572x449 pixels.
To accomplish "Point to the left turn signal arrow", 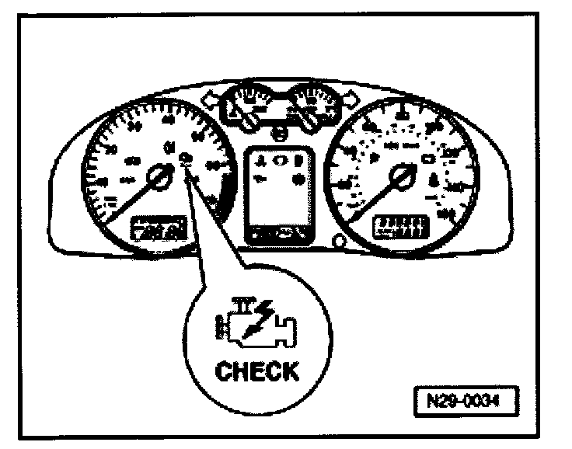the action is [x=208, y=99].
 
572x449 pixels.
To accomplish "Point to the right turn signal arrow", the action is [x=351, y=99].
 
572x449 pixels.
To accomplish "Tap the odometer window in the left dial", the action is [x=159, y=228].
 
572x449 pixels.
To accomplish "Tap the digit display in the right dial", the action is [x=398, y=226].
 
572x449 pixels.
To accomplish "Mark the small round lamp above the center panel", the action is [x=278, y=135].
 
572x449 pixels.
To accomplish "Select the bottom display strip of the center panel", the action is [x=277, y=232].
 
